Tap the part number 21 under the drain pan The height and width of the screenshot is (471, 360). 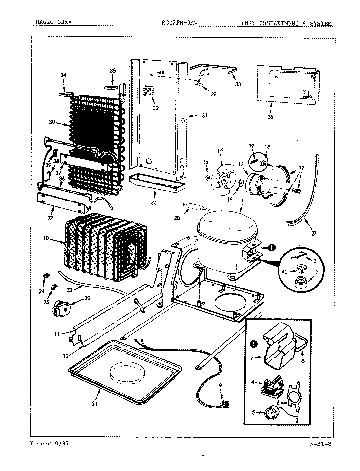pyautogui.click(x=94, y=404)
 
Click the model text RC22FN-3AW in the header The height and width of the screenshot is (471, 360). pyautogui.click(x=180, y=23)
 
